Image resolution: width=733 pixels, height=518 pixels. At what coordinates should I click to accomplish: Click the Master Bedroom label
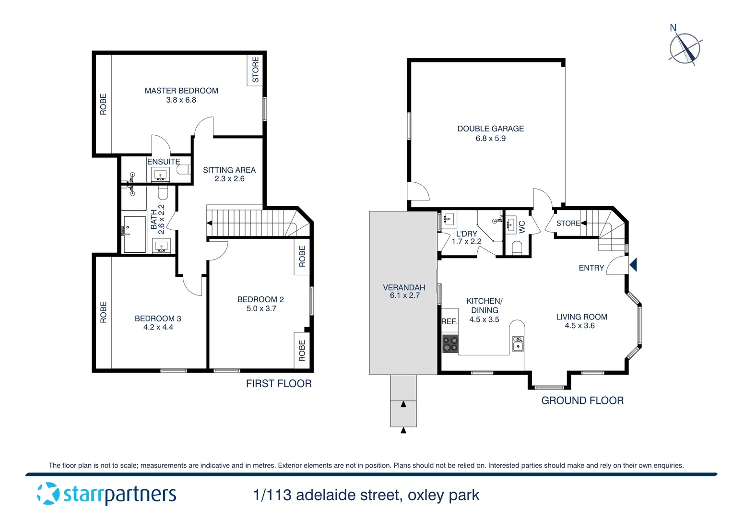click(x=181, y=91)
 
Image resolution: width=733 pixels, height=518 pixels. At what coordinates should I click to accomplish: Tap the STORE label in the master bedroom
click(x=256, y=70)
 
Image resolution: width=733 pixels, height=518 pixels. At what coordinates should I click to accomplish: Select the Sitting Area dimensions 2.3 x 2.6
click(x=229, y=179)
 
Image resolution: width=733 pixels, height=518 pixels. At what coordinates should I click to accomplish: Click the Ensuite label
click(x=164, y=162)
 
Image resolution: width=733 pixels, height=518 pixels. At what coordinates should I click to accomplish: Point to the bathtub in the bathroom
click(x=134, y=234)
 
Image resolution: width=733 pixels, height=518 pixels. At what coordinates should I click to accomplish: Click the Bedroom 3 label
click(x=158, y=318)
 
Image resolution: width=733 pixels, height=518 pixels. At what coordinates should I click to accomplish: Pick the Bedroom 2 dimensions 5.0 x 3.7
click(x=261, y=308)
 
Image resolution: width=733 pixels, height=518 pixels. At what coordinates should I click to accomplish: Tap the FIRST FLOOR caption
click(x=279, y=384)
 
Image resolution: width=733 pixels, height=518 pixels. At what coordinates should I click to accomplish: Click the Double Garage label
click(x=490, y=129)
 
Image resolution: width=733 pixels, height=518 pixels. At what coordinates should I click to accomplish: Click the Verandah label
click(x=404, y=287)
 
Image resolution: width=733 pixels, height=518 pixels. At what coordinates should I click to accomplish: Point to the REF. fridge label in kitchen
click(x=449, y=322)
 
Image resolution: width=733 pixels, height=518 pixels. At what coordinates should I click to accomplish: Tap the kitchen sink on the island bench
click(x=518, y=344)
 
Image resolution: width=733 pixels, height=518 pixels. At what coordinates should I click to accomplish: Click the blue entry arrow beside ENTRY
click(x=633, y=264)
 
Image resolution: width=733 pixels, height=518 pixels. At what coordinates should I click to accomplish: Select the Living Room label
click(x=581, y=317)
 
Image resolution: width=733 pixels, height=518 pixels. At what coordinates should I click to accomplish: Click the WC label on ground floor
click(x=522, y=226)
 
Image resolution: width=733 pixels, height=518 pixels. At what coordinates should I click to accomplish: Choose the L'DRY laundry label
click(x=466, y=234)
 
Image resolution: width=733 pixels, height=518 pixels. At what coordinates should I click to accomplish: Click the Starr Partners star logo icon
click(x=48, y=494)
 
